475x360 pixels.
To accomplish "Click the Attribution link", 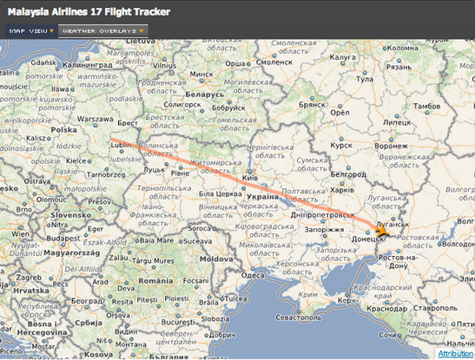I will (x=455, y=354).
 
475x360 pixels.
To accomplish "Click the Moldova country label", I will (x=215, y=259).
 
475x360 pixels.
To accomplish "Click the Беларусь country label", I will (x=205, y=93).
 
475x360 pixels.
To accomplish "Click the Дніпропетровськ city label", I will (x=320, y=213).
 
